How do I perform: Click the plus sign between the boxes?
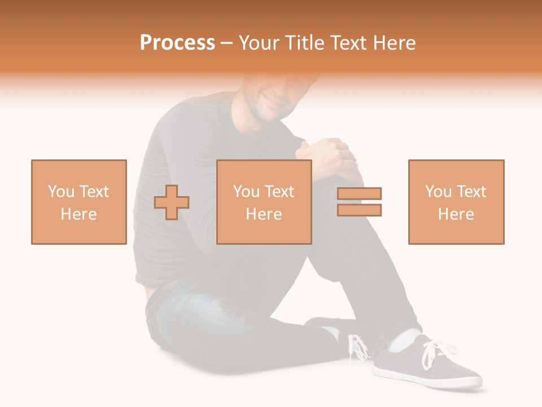click(172, 202)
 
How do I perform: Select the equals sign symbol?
click(359, 202)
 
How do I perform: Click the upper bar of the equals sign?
click(359, 194)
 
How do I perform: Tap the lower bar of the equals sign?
click(359, 210)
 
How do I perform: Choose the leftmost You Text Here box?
click(79, 202)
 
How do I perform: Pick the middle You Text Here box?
click(264, 202)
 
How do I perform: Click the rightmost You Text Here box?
click(456, 202)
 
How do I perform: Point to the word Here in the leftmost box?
click(79, 214)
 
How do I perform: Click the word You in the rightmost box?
click(438, 192)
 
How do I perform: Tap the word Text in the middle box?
click(279, 192)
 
